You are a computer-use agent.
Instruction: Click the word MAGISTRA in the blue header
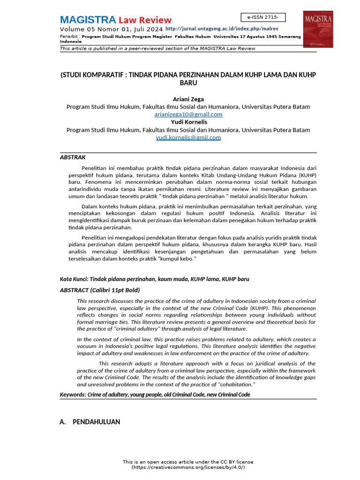(88, 20)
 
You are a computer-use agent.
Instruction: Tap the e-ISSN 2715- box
(263, 17)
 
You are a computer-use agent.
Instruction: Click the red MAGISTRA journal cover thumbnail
(318, 29)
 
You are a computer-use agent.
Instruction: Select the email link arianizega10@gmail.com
(188, 114)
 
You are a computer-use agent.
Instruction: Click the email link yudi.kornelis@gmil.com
(188, 137)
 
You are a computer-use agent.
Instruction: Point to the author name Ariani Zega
(188, 99)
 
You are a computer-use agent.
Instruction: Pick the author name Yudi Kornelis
(188, 122)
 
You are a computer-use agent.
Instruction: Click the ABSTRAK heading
(73, 157)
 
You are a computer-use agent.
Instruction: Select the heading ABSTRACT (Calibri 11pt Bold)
(100, 290)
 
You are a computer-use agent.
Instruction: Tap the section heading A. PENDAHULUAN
(90, 422)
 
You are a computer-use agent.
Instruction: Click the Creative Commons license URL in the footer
(188, 467)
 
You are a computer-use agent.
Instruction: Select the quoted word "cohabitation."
(232, 384)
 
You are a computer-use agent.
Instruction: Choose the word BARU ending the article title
(188, 83)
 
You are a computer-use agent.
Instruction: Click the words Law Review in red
(145, 20)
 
